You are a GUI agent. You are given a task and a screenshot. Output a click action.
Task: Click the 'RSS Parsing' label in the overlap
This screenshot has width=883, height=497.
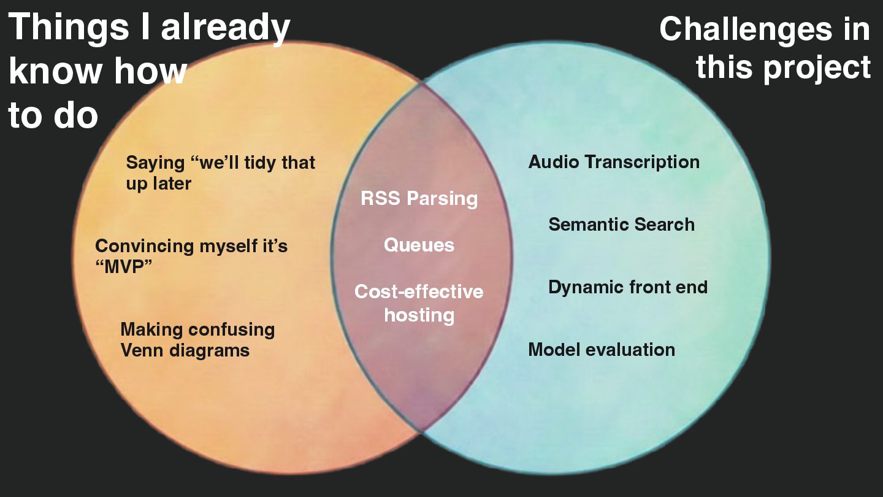pyautogui.click(x=419, y=199)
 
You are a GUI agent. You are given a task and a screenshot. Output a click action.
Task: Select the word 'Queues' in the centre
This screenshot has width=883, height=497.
pyautogui.click(x=419, y=245)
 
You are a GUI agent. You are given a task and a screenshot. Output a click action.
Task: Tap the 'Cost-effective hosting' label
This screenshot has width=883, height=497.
pyautogui.click(x=419, y=303)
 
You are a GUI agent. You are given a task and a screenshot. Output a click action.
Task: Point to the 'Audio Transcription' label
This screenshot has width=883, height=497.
pyautogui.click(x=614, y=162)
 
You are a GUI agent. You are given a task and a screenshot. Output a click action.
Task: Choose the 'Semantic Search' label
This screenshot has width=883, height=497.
pyautogui.click(x=621, y=225)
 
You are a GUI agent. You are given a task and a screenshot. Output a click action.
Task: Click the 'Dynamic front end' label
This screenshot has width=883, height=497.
pyautogui.click(x=627, y=287)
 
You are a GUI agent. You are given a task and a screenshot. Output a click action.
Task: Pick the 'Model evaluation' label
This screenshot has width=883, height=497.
pyautogui.click(x=602, y=350)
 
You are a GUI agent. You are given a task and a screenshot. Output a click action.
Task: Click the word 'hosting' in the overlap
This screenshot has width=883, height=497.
pyautogui.click(x=419, y=315)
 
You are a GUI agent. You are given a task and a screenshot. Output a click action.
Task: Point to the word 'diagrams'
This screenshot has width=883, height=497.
pyautogui.click(x=208, y=351)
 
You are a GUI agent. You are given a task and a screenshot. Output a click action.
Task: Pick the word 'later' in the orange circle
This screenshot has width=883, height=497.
pyautogui.click(x=170, y=183)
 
